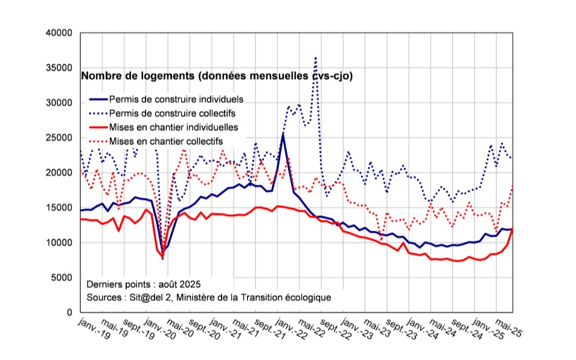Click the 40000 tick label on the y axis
click(x=60, y=33)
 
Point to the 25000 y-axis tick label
click(x=60, y=138)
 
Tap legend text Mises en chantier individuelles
click(x=174, y=127)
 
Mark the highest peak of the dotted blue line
click(x=316, y=58)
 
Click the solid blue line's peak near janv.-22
click(x=283, y=134)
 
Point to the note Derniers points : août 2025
click(x=143, y=284)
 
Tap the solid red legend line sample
click(x=98, y=127)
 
